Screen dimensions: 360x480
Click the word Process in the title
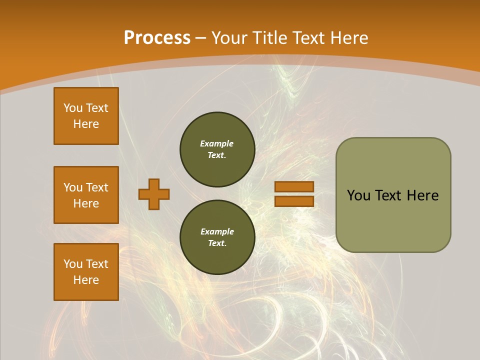pos(157,38)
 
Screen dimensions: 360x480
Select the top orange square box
pos(86,116)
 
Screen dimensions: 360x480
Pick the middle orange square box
pos(86,195)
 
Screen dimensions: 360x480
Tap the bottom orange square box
pos(86,272)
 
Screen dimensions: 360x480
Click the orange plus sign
pos(154,194)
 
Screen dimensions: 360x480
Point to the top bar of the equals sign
pos(294,187)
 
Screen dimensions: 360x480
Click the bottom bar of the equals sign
pos(294,201)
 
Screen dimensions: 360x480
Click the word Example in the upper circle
pos(216,143)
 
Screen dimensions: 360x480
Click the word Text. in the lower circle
pos(217,243)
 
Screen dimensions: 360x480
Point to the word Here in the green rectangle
pos(422,195)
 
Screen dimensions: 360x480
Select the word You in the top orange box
pos(72,108)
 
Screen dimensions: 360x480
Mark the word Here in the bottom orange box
pos(86,280)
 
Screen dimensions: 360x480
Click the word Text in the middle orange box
pos(97,187)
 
